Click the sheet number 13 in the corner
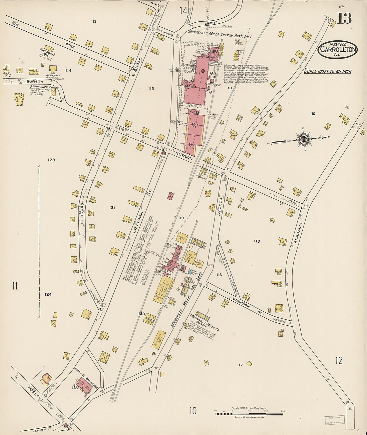pyautogui.click(x=344, y=19)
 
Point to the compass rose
pyautogui.click(x=303, y=139)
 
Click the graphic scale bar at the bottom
pyautogui.click(x=249, y=414)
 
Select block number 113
pyautogui.click(x=93, y=22)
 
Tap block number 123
pyautogui.click(x=51, y=160)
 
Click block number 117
pyautogui.click(x=240, y=365)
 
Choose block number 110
pyautogui.click(x=312, y=114)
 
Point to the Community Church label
pyautogui.click(x=44, y=88)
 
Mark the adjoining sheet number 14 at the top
pyautogui.click(x=183, y=11)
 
